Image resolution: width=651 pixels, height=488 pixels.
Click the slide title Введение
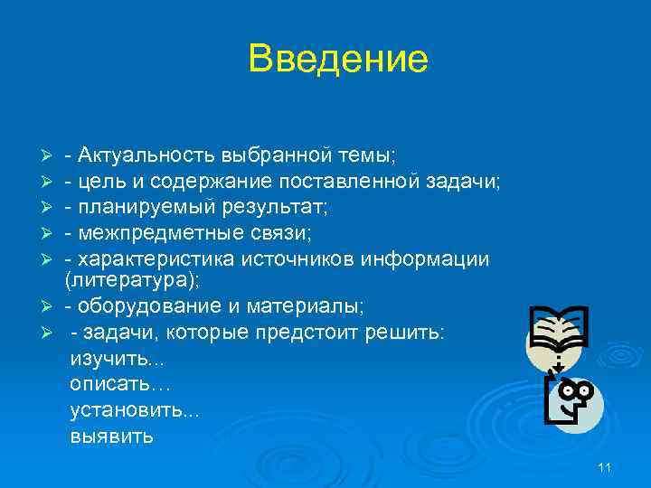coord(338,60)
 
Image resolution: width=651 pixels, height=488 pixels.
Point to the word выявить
coord(112,436)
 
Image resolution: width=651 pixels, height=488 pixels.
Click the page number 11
coord(605,466)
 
